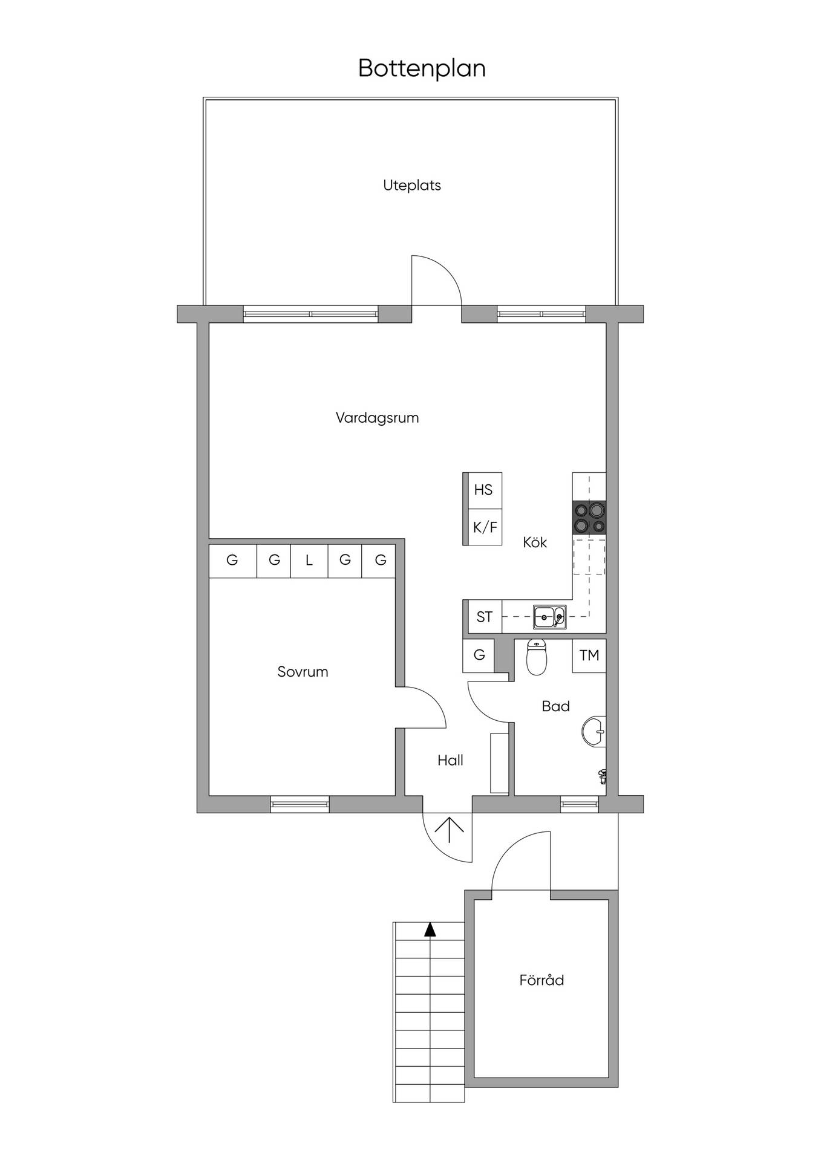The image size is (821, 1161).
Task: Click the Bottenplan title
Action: (422, 68)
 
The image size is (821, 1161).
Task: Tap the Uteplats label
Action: (412, 186)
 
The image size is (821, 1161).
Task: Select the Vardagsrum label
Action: (377, 418)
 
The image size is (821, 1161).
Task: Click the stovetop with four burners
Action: (589, 518)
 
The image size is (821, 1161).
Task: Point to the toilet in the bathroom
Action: (537, 657)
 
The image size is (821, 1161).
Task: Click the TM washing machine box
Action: (589, 655)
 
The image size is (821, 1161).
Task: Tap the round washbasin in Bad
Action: (594, 732)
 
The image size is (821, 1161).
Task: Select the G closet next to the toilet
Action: (479, 655)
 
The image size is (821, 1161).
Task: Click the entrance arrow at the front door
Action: (450, 830)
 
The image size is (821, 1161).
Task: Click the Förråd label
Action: (541, 980)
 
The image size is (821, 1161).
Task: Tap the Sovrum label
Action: (303, 672)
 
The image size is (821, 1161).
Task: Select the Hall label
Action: (450, 761)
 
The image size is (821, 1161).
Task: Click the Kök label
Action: (535, 542)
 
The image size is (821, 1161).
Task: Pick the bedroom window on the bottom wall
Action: (300, 804)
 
